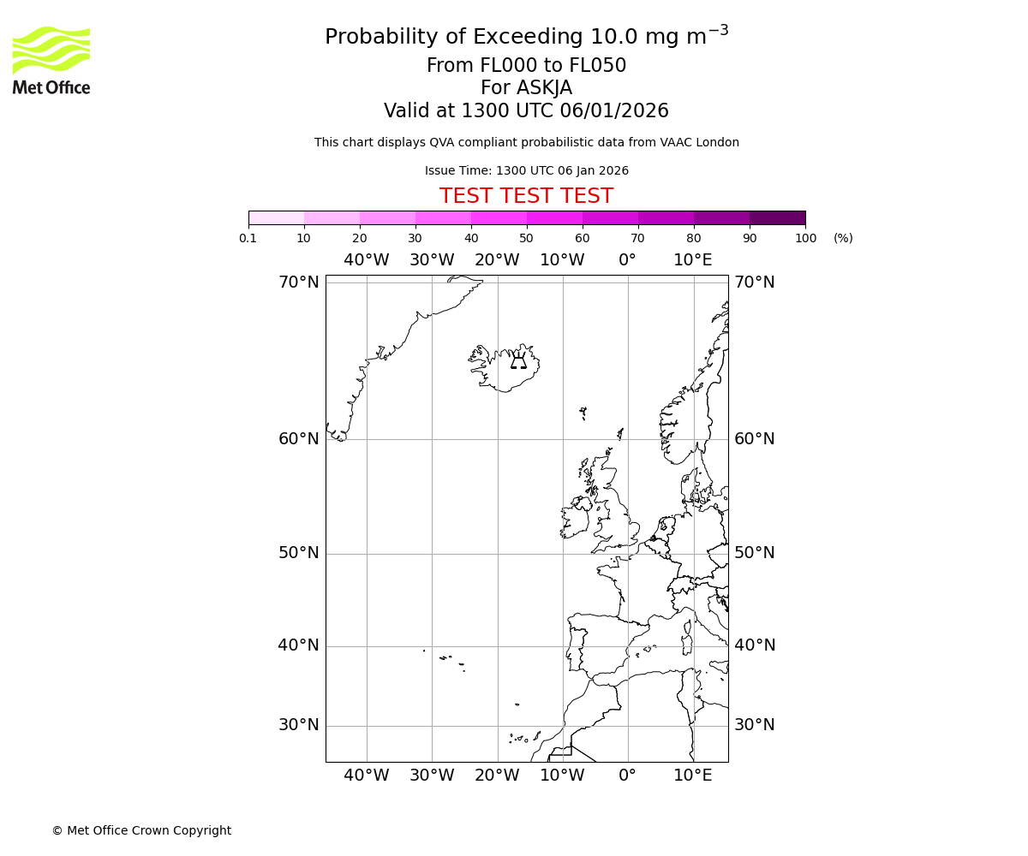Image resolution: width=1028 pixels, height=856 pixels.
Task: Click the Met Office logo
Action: tap(51, 60)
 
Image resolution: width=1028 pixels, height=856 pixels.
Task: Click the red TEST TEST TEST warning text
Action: tap(526, 196)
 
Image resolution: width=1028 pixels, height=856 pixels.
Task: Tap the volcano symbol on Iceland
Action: tap(518, 360)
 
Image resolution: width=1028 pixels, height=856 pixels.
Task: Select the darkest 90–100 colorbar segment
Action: tap(777, 217)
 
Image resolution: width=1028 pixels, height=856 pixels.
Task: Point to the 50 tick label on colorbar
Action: tap(526, 238)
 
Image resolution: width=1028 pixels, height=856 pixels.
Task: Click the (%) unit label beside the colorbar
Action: tap(843, 238)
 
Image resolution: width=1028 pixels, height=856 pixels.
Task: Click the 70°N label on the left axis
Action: tap(298, 282)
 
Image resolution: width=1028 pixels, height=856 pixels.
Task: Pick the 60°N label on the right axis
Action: tap(754, 439)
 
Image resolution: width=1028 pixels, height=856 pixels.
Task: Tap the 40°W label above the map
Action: tap(366, 260)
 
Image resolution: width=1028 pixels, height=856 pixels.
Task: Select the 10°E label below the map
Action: tap(692, 776)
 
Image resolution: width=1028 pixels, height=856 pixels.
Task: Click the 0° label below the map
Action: tap(627, 776)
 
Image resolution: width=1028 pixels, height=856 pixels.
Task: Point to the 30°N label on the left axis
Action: tap(298, 725)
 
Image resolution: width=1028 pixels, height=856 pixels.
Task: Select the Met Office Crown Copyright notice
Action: tap(141, 830)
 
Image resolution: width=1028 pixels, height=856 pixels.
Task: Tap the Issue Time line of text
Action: tap(526, 170)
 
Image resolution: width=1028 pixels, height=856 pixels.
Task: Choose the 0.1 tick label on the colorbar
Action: tap(248, 238)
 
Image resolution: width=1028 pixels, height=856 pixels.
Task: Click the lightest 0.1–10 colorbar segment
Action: tap(276, 217)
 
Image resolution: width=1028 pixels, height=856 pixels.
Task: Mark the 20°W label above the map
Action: tap(497, 260)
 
